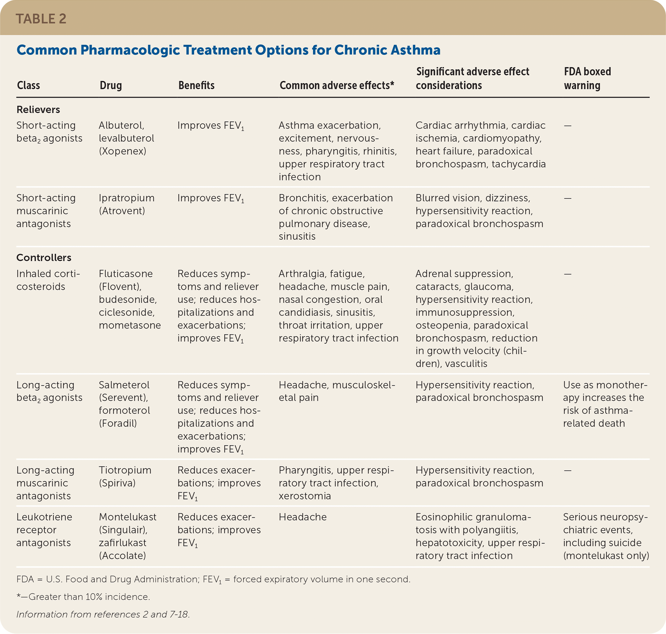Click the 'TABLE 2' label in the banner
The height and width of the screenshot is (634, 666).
click(41, 19)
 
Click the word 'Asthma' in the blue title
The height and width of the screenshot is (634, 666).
click(416, 50)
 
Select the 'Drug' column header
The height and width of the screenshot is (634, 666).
click(111, 85)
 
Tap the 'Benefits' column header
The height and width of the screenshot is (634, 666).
click(196, 85)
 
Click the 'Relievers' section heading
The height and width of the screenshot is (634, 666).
click(38, 109)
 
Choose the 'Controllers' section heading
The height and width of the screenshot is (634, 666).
click(44, 257)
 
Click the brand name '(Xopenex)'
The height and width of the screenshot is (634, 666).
click(122, 151)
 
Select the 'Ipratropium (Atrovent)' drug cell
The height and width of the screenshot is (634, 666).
click(126, 204)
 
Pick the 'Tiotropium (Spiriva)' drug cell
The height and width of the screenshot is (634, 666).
click(125, 477)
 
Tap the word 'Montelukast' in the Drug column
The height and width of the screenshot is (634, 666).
click(127, 517)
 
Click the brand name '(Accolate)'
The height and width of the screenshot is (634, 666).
click(122, 556)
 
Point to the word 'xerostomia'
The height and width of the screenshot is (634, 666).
click(305, 496)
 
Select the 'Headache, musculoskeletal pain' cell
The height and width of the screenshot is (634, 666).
click(337, 391)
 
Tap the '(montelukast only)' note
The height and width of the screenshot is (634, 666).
click(606, 556)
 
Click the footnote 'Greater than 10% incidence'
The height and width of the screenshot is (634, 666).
click(89, 597)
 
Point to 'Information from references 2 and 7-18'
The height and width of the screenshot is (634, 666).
click(103, 615)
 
